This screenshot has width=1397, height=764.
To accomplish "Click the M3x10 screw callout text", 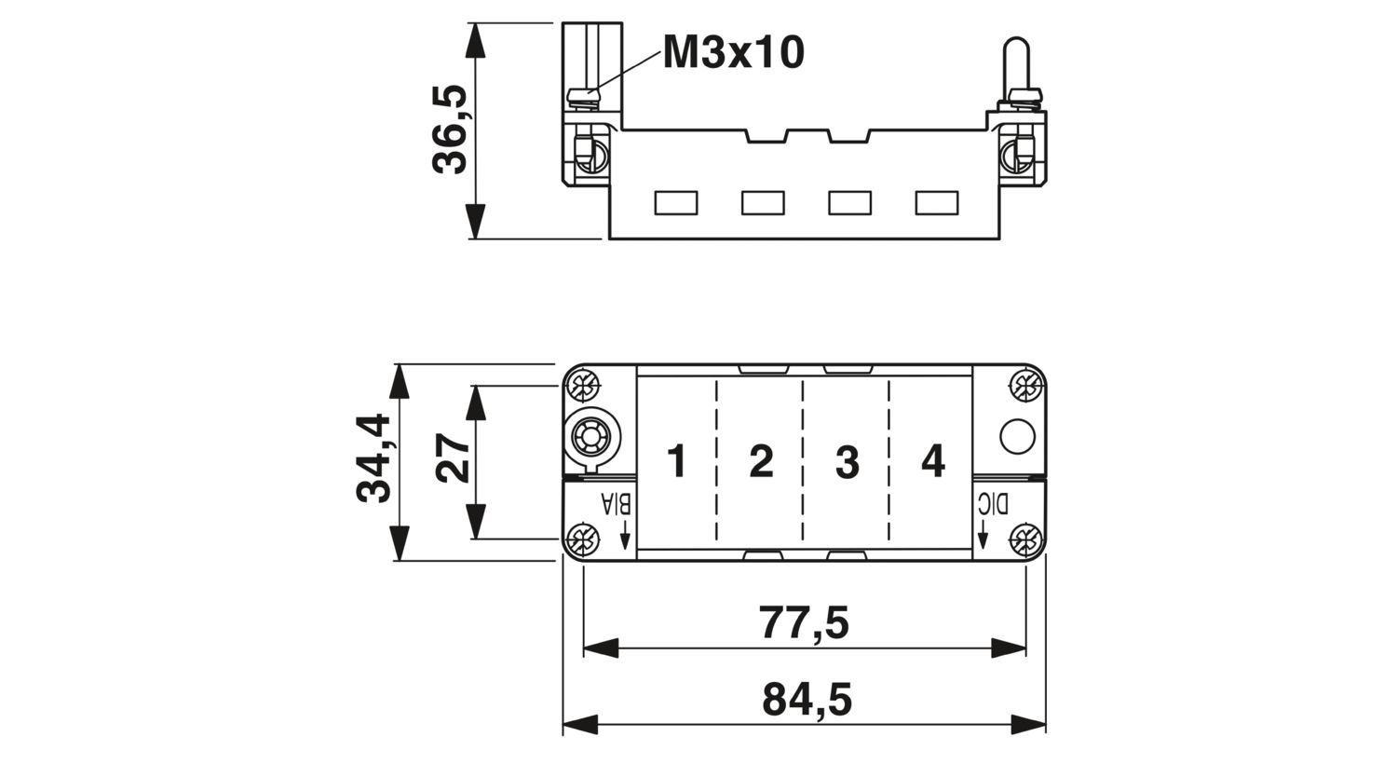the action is (734, 52).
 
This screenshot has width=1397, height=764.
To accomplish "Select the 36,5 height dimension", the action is (450, 130).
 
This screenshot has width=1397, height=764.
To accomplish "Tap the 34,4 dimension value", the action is (373, 458).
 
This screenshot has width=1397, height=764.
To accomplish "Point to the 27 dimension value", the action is (454, 457).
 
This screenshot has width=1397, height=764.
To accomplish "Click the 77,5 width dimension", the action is (804, 622).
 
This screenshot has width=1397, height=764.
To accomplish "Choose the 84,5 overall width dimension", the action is (807, 699).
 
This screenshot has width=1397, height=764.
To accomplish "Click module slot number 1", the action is (677, 461).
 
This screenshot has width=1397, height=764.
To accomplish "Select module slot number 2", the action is (762, 461).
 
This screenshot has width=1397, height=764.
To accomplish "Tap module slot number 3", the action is (847, 462).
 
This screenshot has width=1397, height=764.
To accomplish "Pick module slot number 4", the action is (933, 461).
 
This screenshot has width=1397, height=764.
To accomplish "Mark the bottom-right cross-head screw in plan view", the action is (1026, 539).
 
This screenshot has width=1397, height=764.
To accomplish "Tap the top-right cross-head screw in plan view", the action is (1026, 387).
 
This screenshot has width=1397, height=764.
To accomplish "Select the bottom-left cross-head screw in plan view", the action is (584, 539).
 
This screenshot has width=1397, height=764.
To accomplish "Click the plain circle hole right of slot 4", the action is (1017, 436).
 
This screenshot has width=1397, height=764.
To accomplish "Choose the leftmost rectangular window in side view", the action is (676, 203).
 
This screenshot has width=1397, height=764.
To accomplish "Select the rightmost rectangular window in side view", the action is (937, 203).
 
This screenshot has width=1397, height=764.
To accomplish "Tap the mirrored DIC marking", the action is (992, 504).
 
